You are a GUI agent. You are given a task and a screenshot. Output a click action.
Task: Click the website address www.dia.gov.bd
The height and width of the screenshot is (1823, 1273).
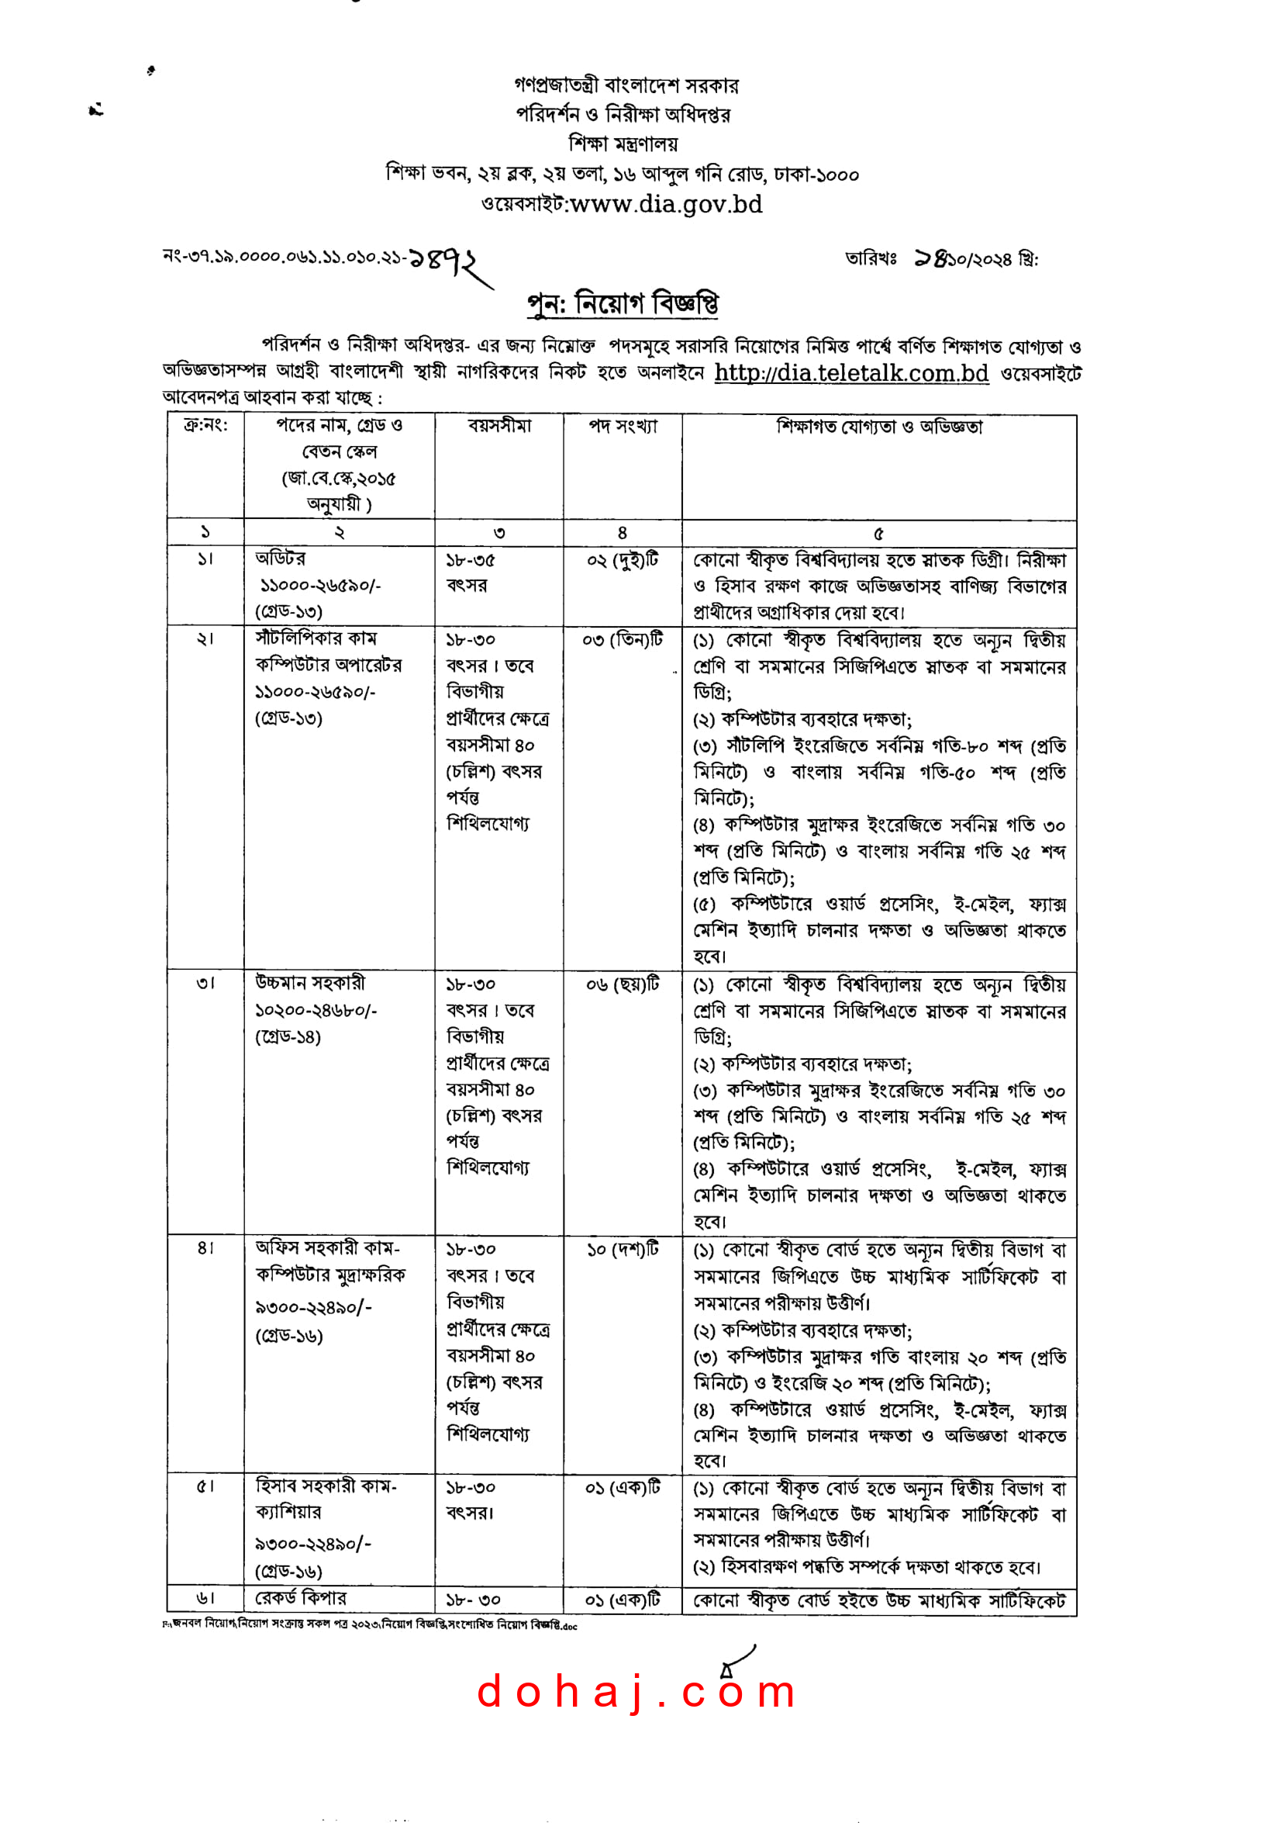[x=666, y=205]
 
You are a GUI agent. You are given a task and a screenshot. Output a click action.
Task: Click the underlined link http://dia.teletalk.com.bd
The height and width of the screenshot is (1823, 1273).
[x=850, y=372]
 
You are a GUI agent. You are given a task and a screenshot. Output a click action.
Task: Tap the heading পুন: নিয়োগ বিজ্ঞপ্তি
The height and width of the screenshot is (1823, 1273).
[x=623, y=303]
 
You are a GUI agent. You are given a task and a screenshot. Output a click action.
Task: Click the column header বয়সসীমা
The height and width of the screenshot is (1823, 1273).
[x=499, y=427]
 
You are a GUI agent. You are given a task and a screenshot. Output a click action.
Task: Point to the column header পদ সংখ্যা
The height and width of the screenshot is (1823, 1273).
[x=623, y=427]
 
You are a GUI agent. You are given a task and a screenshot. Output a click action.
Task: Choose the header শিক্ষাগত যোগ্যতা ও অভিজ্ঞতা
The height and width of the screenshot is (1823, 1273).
[x=878, y=427]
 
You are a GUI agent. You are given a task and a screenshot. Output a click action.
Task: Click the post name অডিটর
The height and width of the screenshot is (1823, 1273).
[x=280, y=559]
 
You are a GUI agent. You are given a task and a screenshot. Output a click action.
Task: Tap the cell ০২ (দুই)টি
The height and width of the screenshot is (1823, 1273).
[x=623, y=560]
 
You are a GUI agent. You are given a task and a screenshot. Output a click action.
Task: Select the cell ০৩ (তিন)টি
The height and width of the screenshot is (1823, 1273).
[x=623, y=639]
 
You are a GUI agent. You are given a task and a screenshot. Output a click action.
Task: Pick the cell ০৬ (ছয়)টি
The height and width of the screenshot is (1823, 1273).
[x=623, y=984]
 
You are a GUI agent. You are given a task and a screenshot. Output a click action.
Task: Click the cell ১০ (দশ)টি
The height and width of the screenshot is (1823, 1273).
[x=623, y=1250]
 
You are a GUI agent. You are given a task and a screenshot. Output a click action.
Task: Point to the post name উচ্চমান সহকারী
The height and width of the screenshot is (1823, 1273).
[x=310, y=983]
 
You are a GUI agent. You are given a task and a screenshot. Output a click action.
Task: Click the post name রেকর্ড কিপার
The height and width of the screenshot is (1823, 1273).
[x=301, y=1597]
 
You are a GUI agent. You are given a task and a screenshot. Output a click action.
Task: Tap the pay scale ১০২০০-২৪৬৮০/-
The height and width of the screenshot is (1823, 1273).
[x=316, y=1010]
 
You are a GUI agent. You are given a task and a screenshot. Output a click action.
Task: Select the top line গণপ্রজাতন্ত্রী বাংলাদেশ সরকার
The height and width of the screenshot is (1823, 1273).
[x=626, y=85]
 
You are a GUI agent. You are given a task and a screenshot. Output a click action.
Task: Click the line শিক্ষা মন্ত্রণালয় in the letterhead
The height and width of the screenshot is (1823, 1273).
[x=623, y=144]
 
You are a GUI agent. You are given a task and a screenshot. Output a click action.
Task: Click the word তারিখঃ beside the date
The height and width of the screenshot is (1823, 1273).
[x=870, y=259]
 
